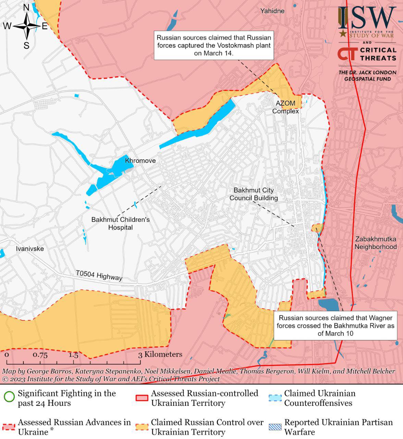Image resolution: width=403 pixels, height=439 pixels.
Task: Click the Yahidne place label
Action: [x=272, y=11]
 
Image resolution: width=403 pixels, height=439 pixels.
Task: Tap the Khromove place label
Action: [x=140, y=161]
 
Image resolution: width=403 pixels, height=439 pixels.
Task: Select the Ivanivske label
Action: [x=30, y=249]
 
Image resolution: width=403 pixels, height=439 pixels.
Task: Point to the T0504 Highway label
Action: [x=99, y=275]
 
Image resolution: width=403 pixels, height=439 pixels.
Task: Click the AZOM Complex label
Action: [x=285, y=107]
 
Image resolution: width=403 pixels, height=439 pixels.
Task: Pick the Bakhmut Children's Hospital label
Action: [x=120, y=223]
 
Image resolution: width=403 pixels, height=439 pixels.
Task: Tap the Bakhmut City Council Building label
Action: [x=254, y=194]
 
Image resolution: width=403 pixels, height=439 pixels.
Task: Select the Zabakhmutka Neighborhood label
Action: [x=375, y=243]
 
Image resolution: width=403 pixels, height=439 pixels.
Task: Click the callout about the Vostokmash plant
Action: [x=213, y=45]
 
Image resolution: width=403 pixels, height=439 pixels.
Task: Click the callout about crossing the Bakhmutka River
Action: [x=335, y=326]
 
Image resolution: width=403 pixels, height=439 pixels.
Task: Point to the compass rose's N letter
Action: [x=26, y=8]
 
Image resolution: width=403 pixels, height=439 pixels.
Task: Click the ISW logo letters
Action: [x=367, y=19]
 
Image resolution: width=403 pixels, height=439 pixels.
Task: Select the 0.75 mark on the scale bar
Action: [x=40, y=355]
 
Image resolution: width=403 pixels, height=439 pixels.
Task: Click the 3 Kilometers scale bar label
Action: [x=160, y=354]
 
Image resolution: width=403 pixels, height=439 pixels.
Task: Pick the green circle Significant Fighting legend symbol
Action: [x=9, y=397]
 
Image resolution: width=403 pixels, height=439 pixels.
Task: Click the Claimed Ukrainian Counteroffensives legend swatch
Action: [x=275, y=398]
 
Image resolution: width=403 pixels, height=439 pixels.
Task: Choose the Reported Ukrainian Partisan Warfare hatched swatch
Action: [x=275, y=427]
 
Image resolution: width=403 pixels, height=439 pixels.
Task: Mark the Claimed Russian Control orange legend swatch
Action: [x=142, y=427]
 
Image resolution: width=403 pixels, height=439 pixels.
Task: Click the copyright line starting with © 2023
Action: [x=110, y=379]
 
